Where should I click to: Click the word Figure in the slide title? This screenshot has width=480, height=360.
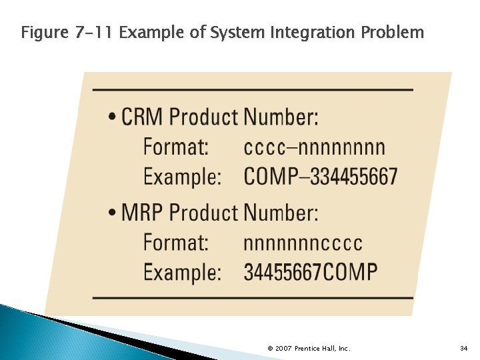click(x=43, y=31)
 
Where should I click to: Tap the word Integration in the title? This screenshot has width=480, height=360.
click(x=304, y=31)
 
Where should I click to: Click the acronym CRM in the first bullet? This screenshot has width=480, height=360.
click(x=142, y=117)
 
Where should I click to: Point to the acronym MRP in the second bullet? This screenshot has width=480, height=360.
click(x=142, y=213)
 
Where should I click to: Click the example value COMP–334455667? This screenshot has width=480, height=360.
click(x=320, y=177)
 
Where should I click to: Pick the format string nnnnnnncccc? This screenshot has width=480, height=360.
click(x=303, y=243)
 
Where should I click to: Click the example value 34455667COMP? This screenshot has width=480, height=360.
click(x=311, y=272)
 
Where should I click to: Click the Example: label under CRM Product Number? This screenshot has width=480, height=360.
click(x=182, y=177)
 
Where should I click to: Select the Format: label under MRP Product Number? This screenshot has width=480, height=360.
click(x=176, y=243)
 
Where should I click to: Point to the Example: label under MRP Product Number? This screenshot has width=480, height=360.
click(x=182, y=273)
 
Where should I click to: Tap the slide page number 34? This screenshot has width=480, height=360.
click(x=464, y=348)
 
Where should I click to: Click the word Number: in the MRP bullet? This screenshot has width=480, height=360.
click(x=281, y=213)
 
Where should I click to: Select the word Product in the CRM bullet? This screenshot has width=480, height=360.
click(x=203, y=117)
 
